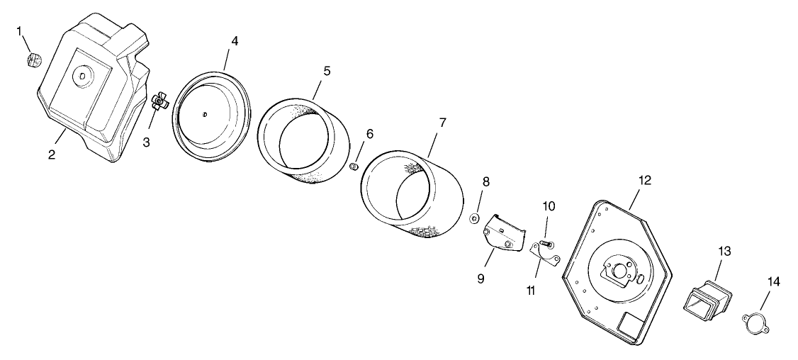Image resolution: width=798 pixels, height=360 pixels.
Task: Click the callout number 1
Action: [x=19, y=32]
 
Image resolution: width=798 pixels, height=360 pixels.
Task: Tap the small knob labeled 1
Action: [x=33, y=60]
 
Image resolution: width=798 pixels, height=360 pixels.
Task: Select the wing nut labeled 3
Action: [x=159, y=102]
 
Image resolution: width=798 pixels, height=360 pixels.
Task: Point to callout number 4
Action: [x=234, y=41]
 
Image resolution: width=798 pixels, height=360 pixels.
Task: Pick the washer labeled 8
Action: [x=474, y=218]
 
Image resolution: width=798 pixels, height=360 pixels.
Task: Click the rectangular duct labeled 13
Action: [x=707, y=296]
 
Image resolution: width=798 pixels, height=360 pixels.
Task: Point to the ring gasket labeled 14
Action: [x=755, y=325]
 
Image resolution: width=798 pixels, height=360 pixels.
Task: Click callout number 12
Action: [x=644, y=180]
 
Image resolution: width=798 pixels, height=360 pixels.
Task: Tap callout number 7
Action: [x=442, y=123]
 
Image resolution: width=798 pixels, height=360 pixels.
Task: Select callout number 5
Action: [x=327, y=72]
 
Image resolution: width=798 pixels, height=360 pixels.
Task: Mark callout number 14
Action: [x=773, y=282]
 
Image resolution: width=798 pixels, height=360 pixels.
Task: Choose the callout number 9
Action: [x=481, y=279]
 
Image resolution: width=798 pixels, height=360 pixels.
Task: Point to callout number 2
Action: [x=52, y=154]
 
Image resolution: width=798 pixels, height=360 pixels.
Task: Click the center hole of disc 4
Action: [x=204, y=114]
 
